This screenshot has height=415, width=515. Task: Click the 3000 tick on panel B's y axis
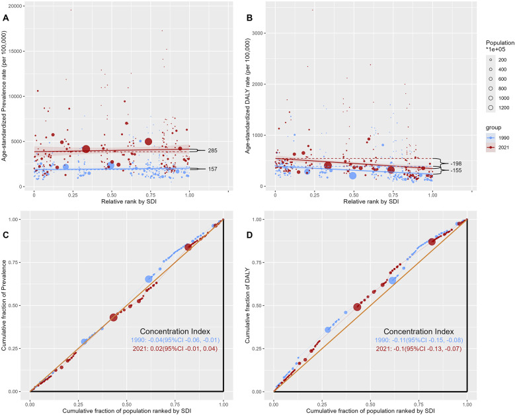point(257,32)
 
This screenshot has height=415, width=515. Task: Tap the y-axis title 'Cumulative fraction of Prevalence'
point(5,306)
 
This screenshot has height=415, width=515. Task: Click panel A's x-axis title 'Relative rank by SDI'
point(112,201)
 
